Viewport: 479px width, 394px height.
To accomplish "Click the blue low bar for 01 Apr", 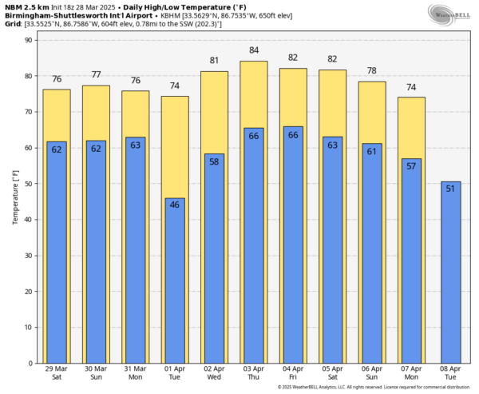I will pos(175,280).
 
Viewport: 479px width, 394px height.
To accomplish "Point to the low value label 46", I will pos(175,205).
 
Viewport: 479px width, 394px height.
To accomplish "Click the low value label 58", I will pos(214,161).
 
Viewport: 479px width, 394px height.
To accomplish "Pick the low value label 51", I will pos(450,189).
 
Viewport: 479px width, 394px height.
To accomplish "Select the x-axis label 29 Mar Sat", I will pos(57,374).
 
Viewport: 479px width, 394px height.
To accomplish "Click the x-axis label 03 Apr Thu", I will pos(254,374).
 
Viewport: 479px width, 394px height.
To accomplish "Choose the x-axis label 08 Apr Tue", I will pos(450,374).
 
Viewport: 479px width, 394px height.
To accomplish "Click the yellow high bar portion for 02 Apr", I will pos(214,112).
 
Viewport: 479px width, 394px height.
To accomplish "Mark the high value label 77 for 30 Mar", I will pos(96,74).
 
